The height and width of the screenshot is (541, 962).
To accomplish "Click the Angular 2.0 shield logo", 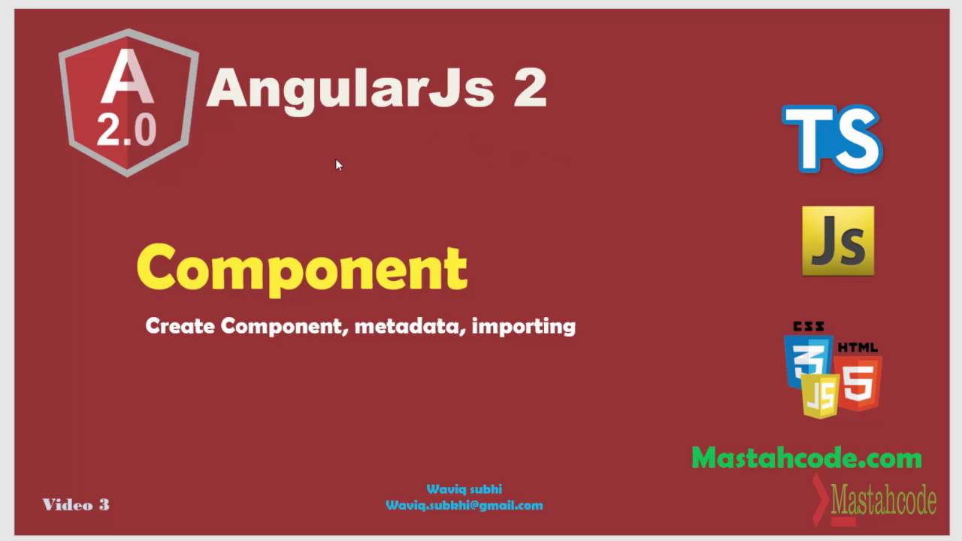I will (128, 101).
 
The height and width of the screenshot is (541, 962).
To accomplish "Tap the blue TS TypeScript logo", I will (832, 139).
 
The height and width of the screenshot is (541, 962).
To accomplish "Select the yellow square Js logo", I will (838, 241).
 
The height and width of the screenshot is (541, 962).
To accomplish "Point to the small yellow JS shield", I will (820, 395).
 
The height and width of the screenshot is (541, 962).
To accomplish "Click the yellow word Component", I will (302, 267).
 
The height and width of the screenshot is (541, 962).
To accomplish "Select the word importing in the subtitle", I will (523, 326).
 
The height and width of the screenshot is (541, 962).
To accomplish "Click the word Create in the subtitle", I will (180, 326).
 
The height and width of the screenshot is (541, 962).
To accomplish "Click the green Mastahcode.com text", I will (806, 458).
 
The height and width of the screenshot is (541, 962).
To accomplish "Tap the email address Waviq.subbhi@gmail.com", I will (464, 506).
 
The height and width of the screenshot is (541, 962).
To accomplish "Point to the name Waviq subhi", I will (464, 489).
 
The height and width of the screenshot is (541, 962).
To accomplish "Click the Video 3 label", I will (76, 505).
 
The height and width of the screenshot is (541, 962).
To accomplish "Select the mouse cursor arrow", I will (338, 165).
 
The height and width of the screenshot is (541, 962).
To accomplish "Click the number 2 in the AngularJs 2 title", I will (529, 89).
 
